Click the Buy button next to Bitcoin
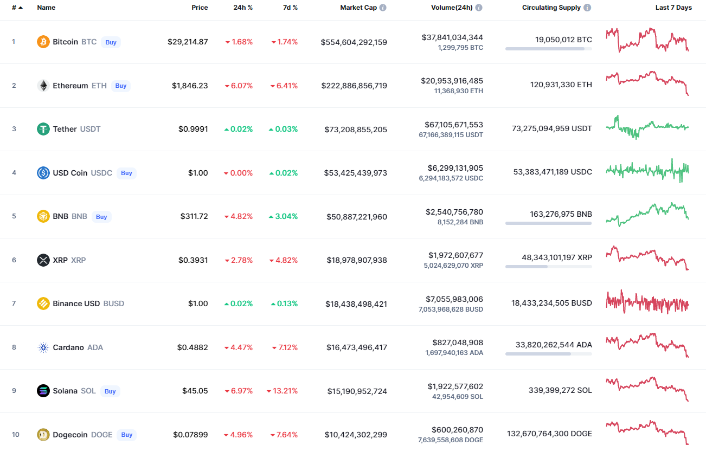[111, 42]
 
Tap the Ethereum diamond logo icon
[43, 86]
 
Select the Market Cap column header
[358, 8]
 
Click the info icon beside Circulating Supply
[587, 8]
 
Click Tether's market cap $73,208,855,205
[356, 129]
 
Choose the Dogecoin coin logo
[43, 435]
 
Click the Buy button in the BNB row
[101, 217]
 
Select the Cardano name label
[68, 347]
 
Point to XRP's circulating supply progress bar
[548, 267]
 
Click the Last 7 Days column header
[673, 8]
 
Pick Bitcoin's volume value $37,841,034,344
[452, 37]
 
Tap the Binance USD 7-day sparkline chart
[647, 303]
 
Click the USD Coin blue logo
[43, 173]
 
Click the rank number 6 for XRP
[14, 260]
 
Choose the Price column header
[200, 8]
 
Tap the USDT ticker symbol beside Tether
[90, 129]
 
